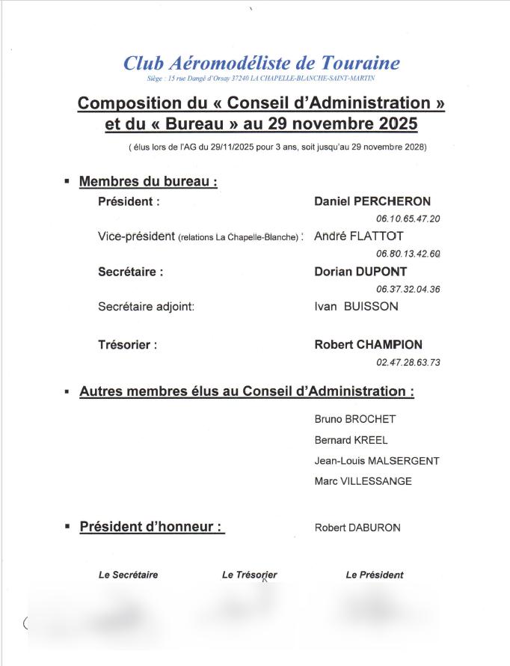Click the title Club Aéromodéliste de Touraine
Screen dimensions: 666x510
click(261, 63)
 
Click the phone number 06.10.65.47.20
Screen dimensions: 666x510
click(408, 219)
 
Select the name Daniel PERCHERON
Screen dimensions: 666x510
click(372, 202)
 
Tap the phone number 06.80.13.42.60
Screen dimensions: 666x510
click(408, 254)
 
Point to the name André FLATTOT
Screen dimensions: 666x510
click(358, 236)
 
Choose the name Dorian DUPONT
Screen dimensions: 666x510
click(360, 272)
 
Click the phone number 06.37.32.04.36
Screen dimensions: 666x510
click(408, 290)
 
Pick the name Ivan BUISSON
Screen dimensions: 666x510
click(356, 306)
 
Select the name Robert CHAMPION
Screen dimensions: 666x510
click(368, 345)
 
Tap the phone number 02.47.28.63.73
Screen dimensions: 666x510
click(408, 363)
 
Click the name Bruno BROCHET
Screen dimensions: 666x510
click(354, 419)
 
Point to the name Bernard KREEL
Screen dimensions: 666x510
click(351, 440)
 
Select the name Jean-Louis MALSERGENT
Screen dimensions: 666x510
click(377, 461)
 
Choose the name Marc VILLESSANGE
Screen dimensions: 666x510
click(363, 481)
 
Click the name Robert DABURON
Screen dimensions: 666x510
click(357, 528)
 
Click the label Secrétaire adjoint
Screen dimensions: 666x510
click(146, 306)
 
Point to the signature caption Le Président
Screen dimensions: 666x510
click(374, 575)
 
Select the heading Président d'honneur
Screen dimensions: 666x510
click(152, 527)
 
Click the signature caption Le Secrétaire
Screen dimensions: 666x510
click(128, 575)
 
